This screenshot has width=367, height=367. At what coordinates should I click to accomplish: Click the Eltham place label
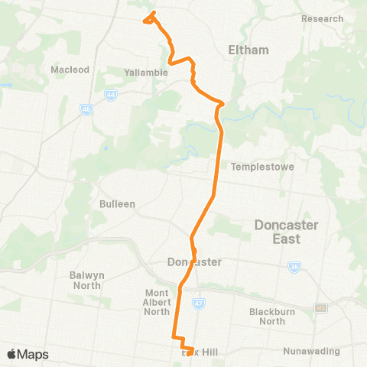(248, 50)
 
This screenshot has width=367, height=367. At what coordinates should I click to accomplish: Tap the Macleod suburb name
(70, 70)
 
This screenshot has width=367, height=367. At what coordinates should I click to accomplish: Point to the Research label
(322, 18)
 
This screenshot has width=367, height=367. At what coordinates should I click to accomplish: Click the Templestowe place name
(262, 167)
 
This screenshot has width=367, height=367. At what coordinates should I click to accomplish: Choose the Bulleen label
(117, 204)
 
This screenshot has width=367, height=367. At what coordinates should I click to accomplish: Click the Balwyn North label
(87, 280)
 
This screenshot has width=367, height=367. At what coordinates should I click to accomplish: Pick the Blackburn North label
(278, 316)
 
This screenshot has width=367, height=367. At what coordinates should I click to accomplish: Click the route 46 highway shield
(86, 110)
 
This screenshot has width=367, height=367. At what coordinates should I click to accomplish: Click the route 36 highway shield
(294, 267)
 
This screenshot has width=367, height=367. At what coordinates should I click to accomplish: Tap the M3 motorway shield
(321, 308)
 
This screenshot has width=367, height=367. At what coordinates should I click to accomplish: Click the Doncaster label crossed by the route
(194, 262)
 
